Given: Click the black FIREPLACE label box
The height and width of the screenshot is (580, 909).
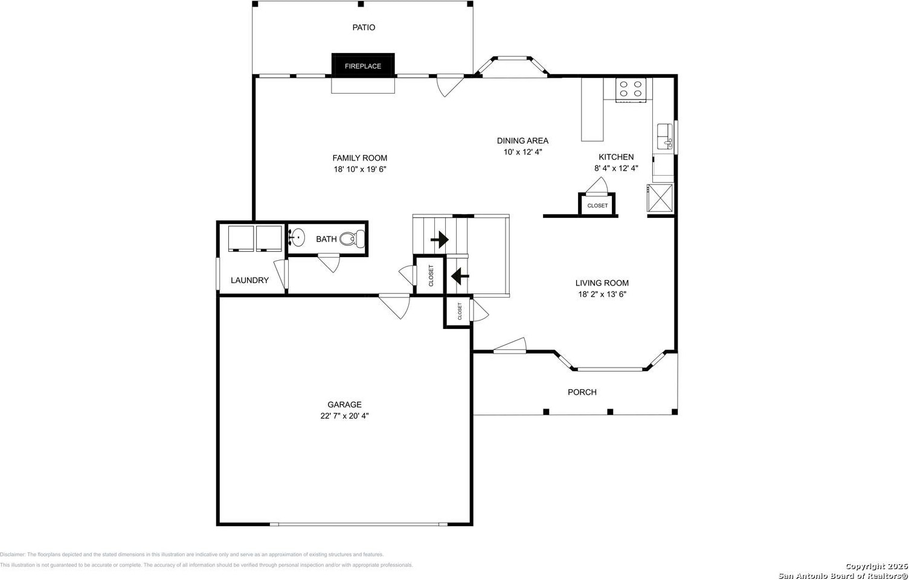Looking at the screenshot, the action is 363,65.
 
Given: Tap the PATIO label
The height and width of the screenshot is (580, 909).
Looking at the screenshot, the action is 364,27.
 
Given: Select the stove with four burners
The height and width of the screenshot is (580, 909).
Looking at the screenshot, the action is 631,90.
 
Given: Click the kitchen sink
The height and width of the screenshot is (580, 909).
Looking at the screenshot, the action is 665,136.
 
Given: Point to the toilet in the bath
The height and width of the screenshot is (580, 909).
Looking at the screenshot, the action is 352,238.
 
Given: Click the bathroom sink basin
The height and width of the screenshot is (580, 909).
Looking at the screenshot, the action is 297,237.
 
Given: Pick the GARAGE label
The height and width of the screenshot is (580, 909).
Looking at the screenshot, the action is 344,404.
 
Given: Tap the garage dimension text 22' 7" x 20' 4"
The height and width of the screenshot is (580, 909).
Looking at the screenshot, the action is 344,416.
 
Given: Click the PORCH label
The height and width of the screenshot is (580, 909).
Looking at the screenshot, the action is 582,392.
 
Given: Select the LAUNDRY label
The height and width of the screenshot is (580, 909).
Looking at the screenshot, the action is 249,280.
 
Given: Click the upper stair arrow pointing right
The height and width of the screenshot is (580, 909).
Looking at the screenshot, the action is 440,240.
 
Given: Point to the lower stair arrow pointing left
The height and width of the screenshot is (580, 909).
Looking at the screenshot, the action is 460,276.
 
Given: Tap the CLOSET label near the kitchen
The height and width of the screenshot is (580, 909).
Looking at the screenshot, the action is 597,206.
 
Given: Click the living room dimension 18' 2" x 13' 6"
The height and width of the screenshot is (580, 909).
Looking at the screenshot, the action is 602,294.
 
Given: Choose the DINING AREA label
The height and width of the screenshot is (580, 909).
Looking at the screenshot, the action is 522,141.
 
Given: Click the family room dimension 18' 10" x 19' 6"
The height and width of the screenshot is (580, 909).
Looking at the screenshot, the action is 359,169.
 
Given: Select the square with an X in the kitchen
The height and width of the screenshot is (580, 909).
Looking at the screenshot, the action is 660,198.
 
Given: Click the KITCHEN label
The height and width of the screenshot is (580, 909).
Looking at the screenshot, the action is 616,157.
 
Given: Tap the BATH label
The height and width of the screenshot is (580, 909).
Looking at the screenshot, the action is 326,239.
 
